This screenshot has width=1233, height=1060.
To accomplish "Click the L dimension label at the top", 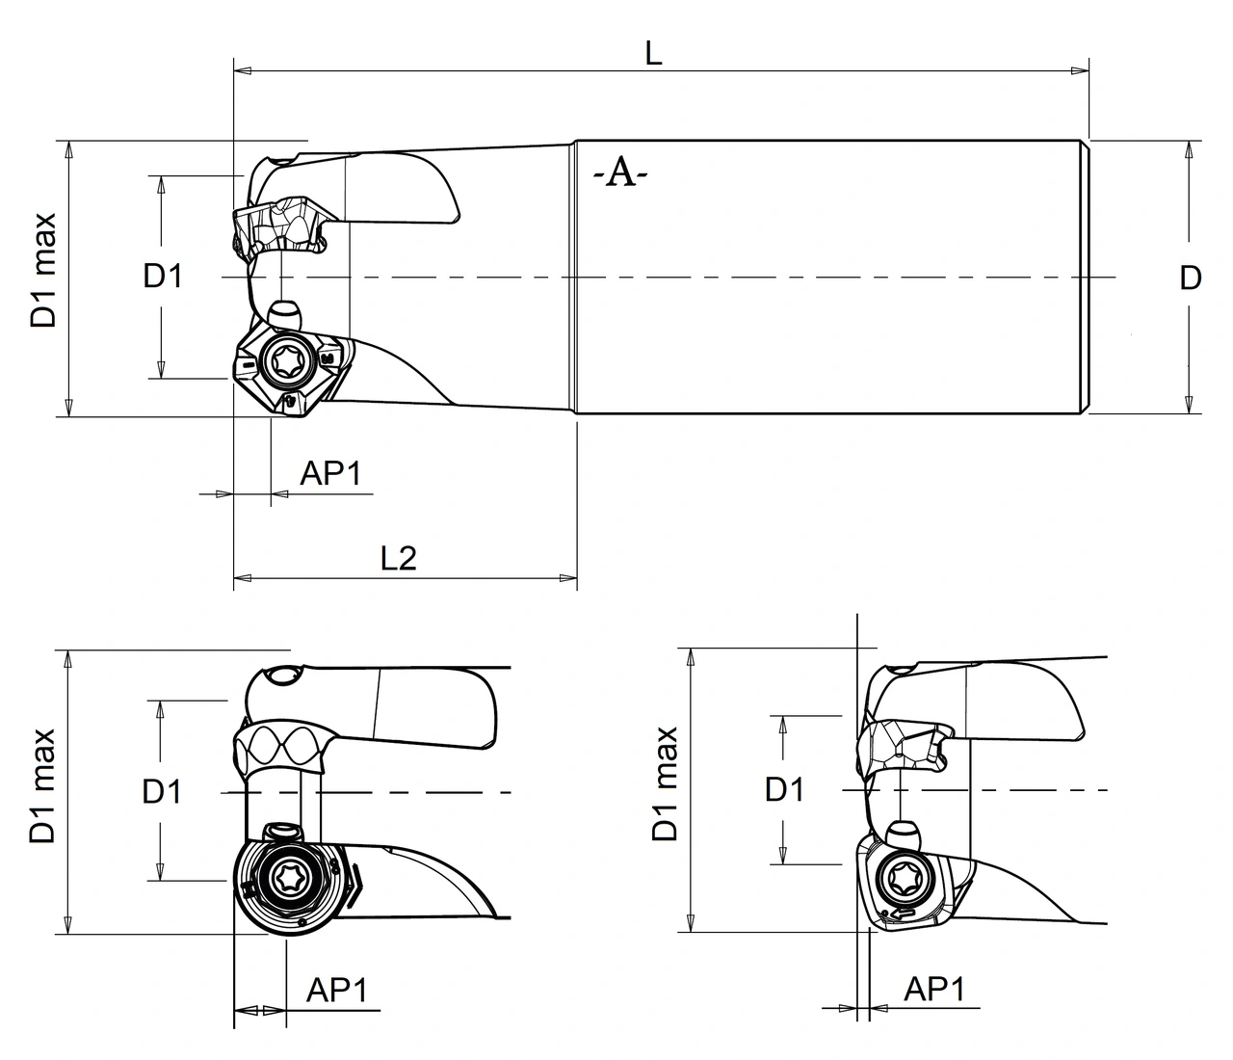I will [653, 54].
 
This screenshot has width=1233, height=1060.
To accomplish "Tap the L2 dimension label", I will [398, 557].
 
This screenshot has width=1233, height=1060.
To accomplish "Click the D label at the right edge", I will [1191, 278].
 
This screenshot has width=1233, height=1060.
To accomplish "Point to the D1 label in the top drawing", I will [163, 277].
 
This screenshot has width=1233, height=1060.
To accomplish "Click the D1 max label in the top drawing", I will [44, 271].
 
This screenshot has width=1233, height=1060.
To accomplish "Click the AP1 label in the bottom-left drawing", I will [337, 990].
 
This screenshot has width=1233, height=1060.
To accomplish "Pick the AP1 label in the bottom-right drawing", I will [934, 989].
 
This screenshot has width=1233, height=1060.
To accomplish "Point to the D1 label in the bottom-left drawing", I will [162, 792].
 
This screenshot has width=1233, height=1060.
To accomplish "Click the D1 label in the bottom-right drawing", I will [784, 790].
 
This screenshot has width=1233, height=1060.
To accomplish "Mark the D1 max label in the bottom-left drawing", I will [44, 785].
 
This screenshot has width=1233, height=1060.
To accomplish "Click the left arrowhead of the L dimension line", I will [244, 70].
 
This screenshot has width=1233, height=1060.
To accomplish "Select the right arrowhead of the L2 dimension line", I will [567, 578].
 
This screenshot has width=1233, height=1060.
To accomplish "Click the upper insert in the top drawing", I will [279, 228].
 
